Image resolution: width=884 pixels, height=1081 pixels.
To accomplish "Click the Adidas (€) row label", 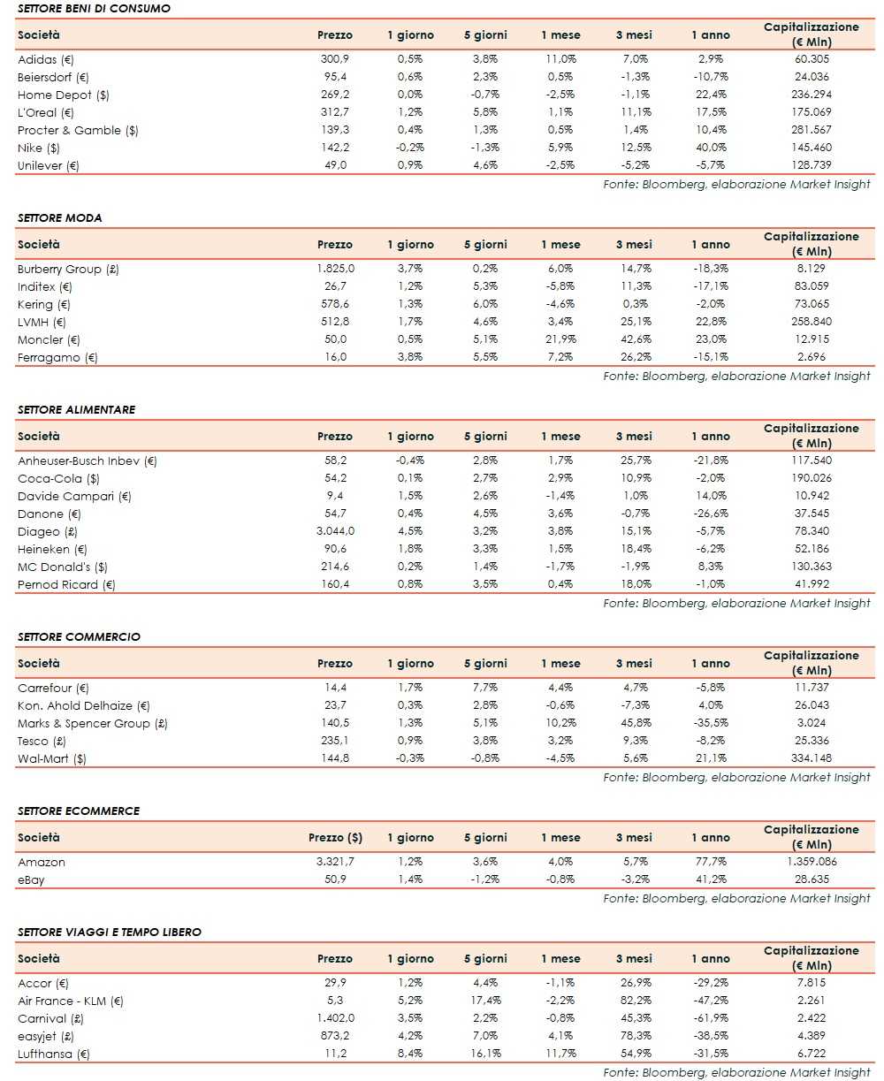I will click(47, 59).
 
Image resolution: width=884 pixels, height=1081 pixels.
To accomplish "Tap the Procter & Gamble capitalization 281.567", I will click(811, 130).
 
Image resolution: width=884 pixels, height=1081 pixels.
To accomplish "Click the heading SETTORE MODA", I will click(59, 217).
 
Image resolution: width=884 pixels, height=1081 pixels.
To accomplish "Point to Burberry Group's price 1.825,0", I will click(334, 269).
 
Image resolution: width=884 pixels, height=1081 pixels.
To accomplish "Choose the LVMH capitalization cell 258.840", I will click(811, 322).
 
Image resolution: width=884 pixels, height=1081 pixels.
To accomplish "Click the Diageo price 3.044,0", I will click(334, 531).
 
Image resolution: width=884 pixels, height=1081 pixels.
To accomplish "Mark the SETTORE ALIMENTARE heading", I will click(76, 409).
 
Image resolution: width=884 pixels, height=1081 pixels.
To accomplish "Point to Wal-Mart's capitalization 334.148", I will click(811, 758).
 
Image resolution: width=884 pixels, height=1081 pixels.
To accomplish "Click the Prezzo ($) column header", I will click(335, 837).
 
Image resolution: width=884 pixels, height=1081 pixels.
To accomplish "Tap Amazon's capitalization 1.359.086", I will click(811, 862).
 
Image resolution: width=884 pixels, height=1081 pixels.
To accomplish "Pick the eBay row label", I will click(30, 879).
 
